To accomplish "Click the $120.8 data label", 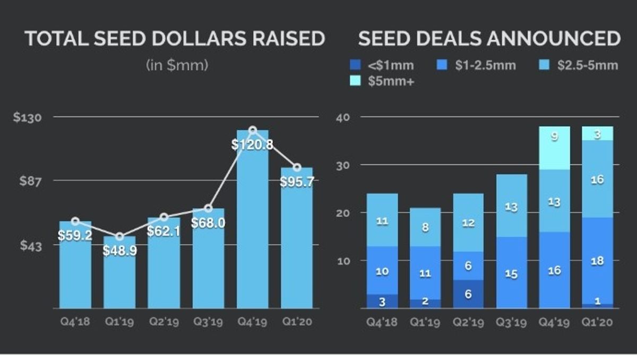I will tap(252, 144).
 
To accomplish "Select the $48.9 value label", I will tap(119, 251).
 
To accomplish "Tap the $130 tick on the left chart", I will tap(26, 117).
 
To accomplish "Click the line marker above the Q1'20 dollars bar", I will tap(297, 168).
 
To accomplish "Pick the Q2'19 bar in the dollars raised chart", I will tap(163, 265).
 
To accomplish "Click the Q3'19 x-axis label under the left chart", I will tap(208, 322).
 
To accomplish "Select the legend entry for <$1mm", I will tap(382, 66).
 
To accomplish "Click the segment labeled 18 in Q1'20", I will tap(598, 261).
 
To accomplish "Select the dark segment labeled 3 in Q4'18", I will tap(382, 301).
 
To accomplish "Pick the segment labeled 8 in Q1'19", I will tap(425, 227).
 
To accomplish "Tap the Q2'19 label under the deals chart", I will tap(468, 322).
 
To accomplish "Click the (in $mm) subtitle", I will tap(177, 66).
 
